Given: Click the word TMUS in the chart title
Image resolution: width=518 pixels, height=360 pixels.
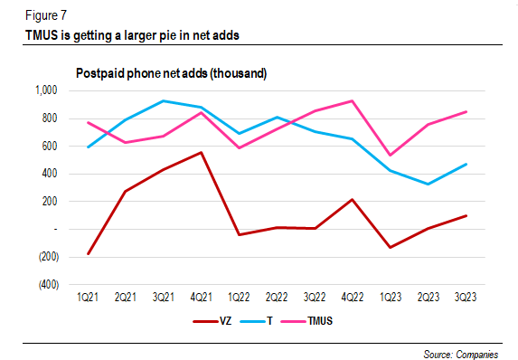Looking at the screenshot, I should click(x=43, y=36).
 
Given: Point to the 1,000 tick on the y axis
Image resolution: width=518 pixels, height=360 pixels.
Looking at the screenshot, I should click(x=43, y=90).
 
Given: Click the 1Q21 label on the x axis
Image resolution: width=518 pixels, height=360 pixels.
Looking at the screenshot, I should click(x=88, y=297).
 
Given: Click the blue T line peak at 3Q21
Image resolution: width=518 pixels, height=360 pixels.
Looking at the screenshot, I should click(x=163, y=100).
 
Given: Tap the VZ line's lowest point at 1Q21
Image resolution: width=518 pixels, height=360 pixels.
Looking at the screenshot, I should click(x=88, y=254).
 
